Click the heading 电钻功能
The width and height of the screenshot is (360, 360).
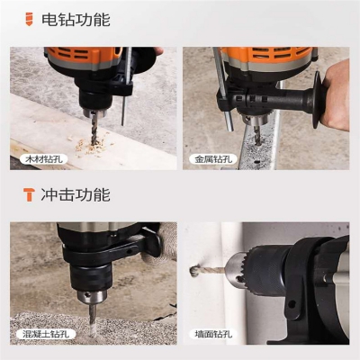(x=76, y=20)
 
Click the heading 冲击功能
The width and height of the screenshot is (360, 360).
(x=76, y=194)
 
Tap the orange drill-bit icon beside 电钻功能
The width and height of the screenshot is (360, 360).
(x=29, y=19)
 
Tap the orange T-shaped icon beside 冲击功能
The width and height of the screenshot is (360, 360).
(x=29, y=194)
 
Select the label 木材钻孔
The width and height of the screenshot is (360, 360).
(x=44, y=159)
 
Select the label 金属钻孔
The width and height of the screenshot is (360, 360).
(x=213, y=159)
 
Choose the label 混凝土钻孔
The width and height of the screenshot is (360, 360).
(x=46, y=334)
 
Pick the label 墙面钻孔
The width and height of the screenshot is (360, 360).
(x=213, y=334)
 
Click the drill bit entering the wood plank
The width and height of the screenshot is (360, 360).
(x=94, y=129)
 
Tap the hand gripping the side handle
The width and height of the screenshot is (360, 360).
(x=336, y=96)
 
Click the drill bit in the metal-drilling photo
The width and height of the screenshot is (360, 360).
(x=257, y=136)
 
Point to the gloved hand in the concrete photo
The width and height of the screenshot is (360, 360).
(x=159, y=244)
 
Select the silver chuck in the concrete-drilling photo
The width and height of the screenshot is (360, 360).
(x=92, y=296)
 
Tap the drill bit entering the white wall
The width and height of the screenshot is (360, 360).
(x=210, y=271)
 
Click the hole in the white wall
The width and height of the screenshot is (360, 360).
(x=193, y=271)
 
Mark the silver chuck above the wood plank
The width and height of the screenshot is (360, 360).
(x=94, y=112)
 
